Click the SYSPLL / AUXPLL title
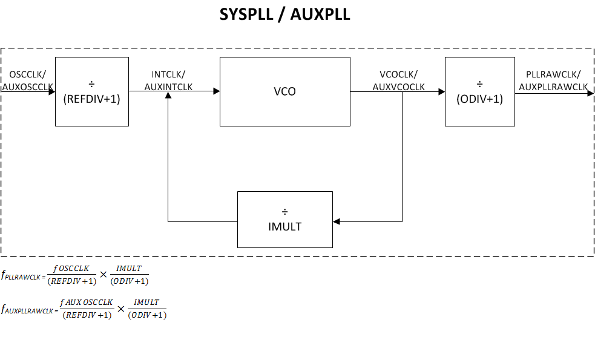284,15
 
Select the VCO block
284,92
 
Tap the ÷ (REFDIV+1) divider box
92,92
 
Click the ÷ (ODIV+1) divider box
479,92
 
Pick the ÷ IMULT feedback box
284,220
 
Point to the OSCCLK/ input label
28,74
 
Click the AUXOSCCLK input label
28,87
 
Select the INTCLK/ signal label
168,74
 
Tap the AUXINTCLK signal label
168,87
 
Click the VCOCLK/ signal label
398,74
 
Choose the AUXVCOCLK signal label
398,87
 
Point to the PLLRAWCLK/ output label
553,74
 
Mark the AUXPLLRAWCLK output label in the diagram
553,87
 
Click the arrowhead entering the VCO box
216,92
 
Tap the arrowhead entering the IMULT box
337,221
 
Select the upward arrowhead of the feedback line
168,96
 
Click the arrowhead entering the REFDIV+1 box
51,92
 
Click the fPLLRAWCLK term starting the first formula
21,276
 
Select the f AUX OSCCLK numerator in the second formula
86,302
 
